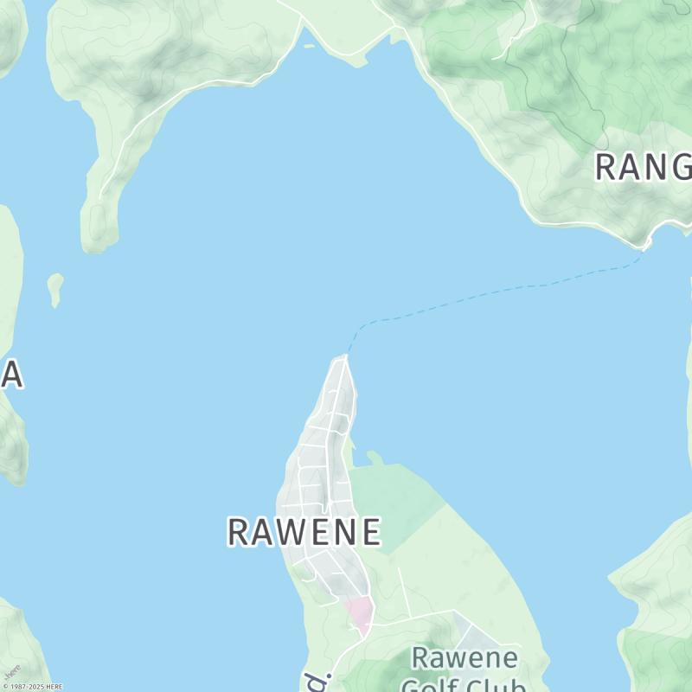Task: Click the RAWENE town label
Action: coord(304,532)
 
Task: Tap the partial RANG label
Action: coord(644,167)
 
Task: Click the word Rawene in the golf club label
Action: coord(465,658)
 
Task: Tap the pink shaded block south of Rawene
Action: coord(360,613)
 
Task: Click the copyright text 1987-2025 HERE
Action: coord(33,687)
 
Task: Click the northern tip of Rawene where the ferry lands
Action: coord(345,357)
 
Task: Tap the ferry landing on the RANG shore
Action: coord(645,246)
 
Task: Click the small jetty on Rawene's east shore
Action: coord(374,456)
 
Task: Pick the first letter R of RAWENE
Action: coord(238,532)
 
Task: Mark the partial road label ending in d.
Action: coord(314,679)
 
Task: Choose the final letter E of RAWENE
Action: coord(370,532)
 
